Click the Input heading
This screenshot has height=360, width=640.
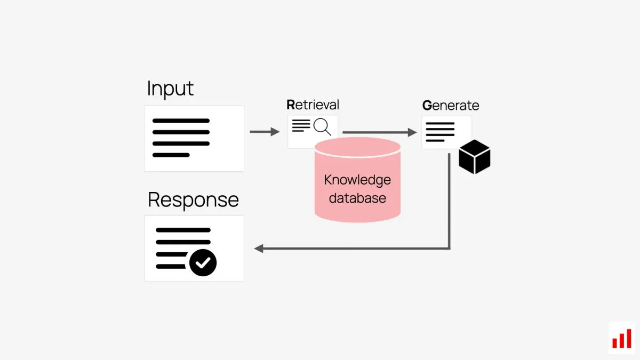[170, 89]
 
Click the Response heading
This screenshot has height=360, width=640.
[193, 200]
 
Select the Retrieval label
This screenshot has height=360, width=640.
[313, 105]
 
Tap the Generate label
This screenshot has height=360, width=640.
[451, 106]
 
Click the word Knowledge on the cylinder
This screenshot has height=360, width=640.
[357, 180]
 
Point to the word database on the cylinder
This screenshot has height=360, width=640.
[357, 198]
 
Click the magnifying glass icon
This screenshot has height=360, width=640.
[322, 127]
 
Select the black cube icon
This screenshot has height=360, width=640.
[474, 157]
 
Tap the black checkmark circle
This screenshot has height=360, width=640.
[203, 262]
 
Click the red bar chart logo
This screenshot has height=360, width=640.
[621, 338]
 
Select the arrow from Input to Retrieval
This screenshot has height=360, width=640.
[265, 132]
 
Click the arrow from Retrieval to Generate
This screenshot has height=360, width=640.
[379, 132]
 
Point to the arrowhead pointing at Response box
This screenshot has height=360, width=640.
[259, 248]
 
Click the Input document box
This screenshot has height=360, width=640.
[194, 139]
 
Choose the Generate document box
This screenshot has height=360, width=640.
[446, 132]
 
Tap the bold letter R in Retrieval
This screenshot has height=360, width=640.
[291, 105]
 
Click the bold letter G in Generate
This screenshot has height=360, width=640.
[427, 106]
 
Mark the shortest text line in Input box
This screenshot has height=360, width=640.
[171, 155]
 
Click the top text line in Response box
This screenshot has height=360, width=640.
[183, 230]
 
